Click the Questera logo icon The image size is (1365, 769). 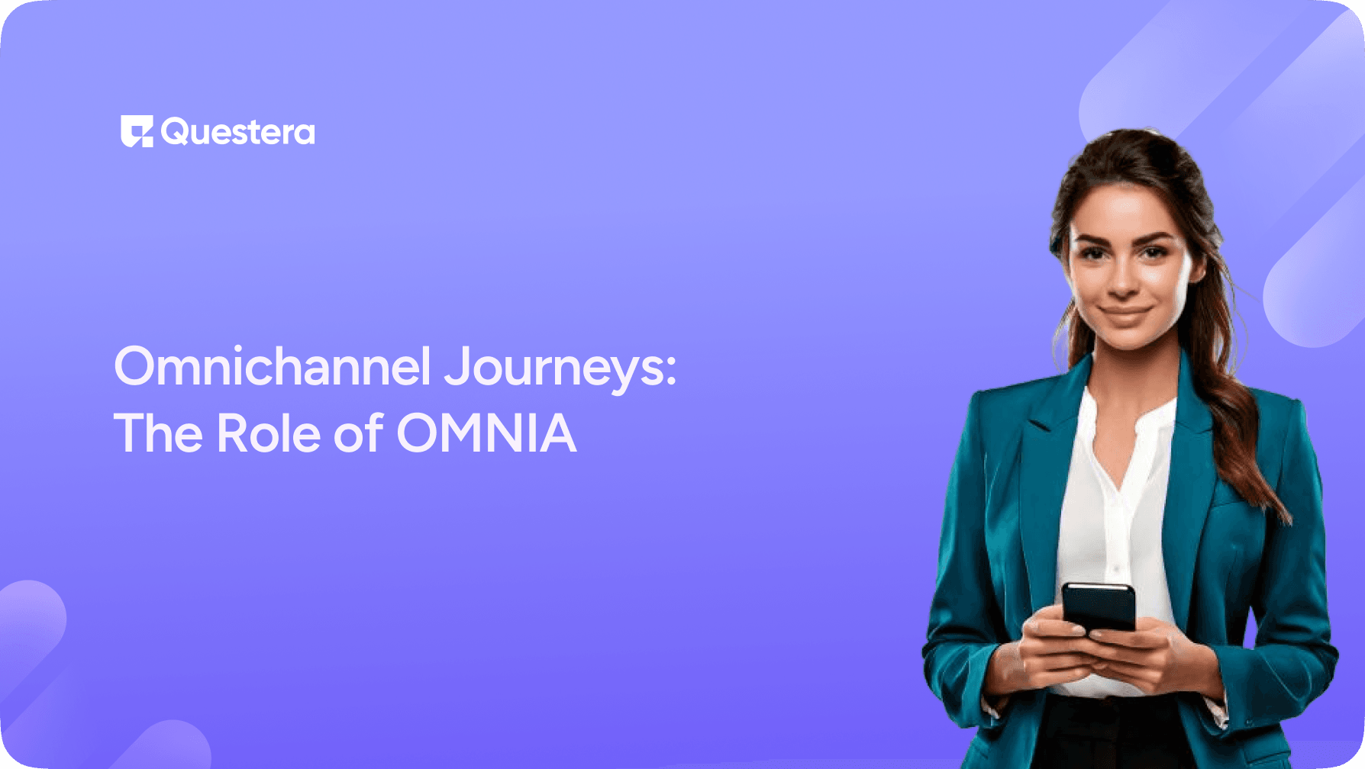pos(137,131)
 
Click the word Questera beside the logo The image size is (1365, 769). pos(237,133)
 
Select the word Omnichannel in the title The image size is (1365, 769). pos(273,367)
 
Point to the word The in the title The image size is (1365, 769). pos(158,433)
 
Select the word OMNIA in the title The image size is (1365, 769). pos(486,433)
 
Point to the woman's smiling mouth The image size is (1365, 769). pos(1125,313)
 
